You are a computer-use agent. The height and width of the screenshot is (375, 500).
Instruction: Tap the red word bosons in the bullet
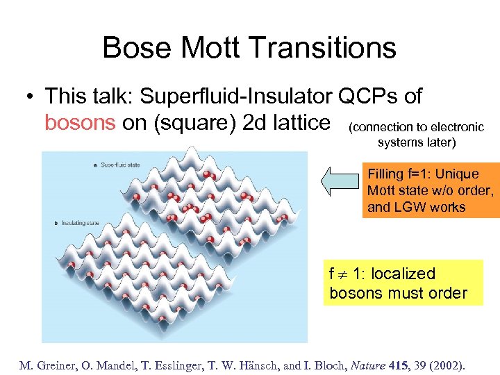pos(80,122)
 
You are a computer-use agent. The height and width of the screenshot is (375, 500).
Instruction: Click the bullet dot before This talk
pos(30,97)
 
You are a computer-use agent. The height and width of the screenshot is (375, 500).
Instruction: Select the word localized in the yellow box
pos(402,274)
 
